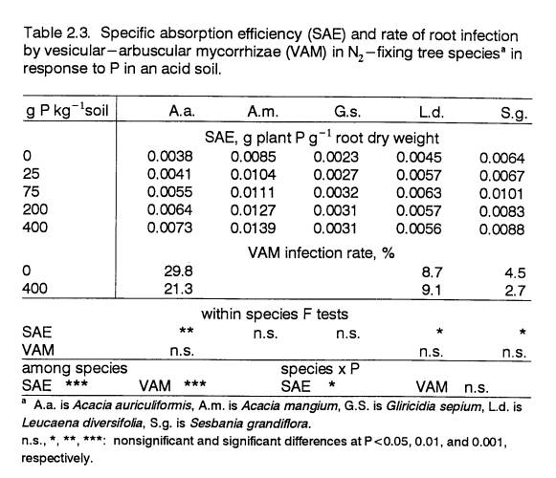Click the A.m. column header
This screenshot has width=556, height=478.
coord(263,112)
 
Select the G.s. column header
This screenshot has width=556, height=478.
coord(347,112)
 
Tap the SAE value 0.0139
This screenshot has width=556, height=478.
coord(253,228)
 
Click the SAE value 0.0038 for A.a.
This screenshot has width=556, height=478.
coord(169,156)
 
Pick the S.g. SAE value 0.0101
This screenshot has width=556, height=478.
coord(501,194)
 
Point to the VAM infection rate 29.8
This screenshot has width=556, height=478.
coord(178,272)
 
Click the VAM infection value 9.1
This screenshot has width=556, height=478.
coord(432,291)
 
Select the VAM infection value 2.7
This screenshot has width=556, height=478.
coord(515,291)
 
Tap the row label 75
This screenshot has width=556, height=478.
coord(32,192)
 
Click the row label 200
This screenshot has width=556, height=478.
coord(35,209)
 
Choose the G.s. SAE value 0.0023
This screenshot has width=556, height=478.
coord(336,157)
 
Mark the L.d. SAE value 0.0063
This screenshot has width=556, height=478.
coord(419,193)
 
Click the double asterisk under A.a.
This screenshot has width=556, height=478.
coord(187,331)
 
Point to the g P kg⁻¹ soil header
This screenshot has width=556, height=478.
coord(67,110)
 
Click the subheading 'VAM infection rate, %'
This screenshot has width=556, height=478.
coord(321,253)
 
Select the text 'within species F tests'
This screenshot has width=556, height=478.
coord(275,315)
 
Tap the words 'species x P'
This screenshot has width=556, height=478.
coord(320,369)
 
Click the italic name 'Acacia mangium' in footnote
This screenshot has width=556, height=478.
coord(289,405)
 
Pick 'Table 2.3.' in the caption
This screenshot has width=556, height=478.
coord(56,33)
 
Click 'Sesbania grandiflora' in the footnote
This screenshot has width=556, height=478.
coord(251,424)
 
